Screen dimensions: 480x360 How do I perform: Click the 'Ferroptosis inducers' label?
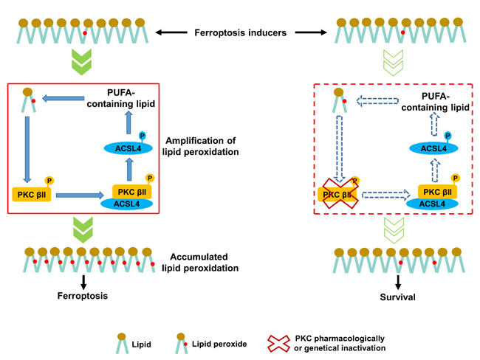point(240,32)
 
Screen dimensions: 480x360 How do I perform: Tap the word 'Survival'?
point(397,297)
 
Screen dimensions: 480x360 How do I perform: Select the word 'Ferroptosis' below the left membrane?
point(83,296)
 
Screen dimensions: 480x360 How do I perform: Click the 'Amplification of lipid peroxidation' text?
point(201,146)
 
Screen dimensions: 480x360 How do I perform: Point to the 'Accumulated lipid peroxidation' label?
point(200,262)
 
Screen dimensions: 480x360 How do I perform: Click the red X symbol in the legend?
point(278,344)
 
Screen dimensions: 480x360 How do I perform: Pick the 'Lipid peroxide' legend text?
point(219,344)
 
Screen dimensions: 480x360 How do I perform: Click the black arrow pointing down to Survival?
point(397,283)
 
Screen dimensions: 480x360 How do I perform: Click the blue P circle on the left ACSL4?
point(143,136)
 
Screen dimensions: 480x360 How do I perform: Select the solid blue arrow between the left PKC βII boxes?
point(80,195)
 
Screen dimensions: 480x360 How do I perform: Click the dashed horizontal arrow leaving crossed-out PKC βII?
point(386,195)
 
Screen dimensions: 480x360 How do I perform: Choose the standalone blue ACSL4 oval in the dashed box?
point(433,149)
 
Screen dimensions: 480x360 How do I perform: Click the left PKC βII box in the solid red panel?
point(32,195)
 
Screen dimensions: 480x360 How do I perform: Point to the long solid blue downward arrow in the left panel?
point(27,150)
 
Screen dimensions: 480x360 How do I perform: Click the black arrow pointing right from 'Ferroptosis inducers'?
point(311,32)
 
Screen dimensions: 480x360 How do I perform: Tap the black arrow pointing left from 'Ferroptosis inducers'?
point(171,32)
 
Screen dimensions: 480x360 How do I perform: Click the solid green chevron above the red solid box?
point(81,62)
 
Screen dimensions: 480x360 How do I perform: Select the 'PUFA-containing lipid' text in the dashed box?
point(435,102)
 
